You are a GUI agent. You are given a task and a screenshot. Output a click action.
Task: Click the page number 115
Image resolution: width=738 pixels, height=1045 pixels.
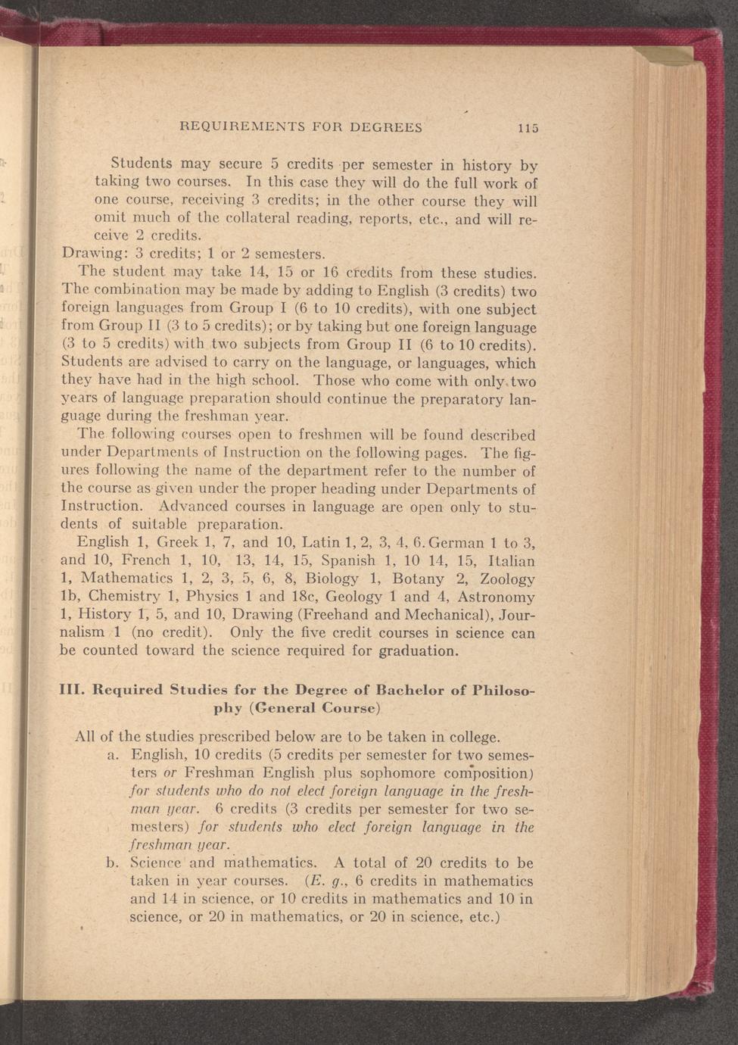(528, 128)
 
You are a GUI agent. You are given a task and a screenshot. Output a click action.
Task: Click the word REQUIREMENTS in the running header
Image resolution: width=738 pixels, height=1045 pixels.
(241, 127)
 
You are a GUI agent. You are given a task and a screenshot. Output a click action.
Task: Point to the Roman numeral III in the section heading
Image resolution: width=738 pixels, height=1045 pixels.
(71, 691)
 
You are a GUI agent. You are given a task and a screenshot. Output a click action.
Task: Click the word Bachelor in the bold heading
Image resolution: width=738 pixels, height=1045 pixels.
(411, 691)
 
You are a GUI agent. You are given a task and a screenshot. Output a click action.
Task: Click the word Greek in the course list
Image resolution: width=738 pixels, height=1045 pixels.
(177, 542)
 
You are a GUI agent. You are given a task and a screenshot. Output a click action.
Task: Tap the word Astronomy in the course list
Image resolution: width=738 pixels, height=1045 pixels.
(496, 597)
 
